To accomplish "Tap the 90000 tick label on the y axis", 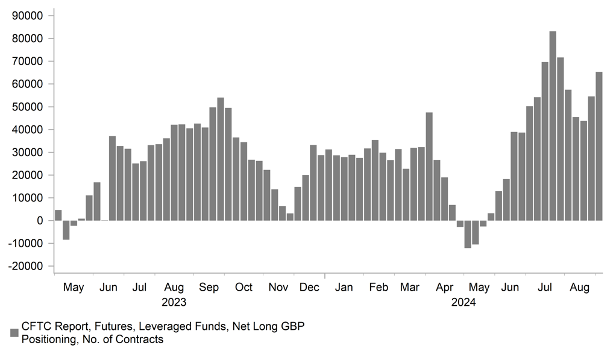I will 28,16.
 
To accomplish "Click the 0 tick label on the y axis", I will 40,221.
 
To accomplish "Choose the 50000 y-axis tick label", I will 28,107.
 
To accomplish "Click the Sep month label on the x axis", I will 209,287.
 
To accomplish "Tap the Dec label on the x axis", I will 309,287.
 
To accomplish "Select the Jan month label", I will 344,287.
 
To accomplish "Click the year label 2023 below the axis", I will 174,302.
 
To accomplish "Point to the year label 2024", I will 463,302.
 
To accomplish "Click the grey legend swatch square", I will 14,333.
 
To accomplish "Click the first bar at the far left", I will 58,215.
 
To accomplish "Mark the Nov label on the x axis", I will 278,287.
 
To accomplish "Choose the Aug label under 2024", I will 579,287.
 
